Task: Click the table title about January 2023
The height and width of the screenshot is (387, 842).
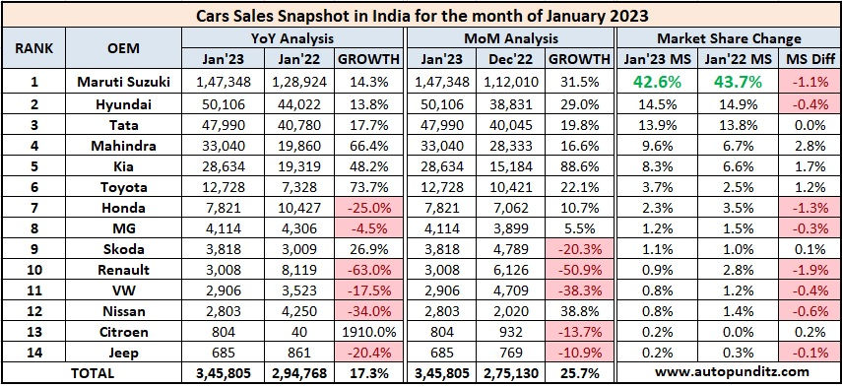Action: (x=421, y=15)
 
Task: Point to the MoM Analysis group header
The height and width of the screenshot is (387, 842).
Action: (x=510, y=37)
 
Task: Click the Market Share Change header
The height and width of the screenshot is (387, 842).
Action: (x=728, y=37)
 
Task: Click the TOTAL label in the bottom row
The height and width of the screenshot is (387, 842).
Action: (x=93, y=372)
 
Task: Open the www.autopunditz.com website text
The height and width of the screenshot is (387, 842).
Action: (x=728, y=372)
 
